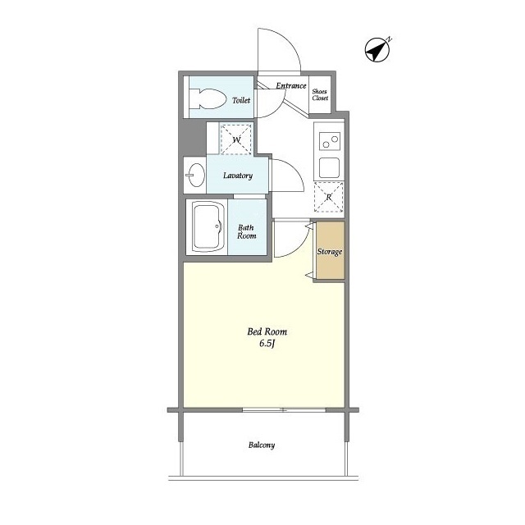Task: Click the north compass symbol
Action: [x=377, y=51]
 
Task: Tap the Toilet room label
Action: [x=240, y=100]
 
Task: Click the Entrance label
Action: [x=290, y=85]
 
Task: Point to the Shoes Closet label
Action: [x=320, y=94]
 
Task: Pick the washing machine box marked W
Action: [x=236, y=139]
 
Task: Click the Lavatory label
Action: [x=237, y=176]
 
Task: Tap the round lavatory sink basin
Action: [x=196, y=175]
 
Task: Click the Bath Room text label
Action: [x=247, y=231]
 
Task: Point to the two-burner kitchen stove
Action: [x=330, y=141]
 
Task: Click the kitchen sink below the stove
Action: [x=330, y=168]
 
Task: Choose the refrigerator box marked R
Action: [x=329, y=197]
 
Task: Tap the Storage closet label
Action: [x=330, y=252]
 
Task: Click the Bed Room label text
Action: [x=267, y=332]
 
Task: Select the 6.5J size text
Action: [x=267, y=345]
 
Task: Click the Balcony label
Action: [x=262, y=445]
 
